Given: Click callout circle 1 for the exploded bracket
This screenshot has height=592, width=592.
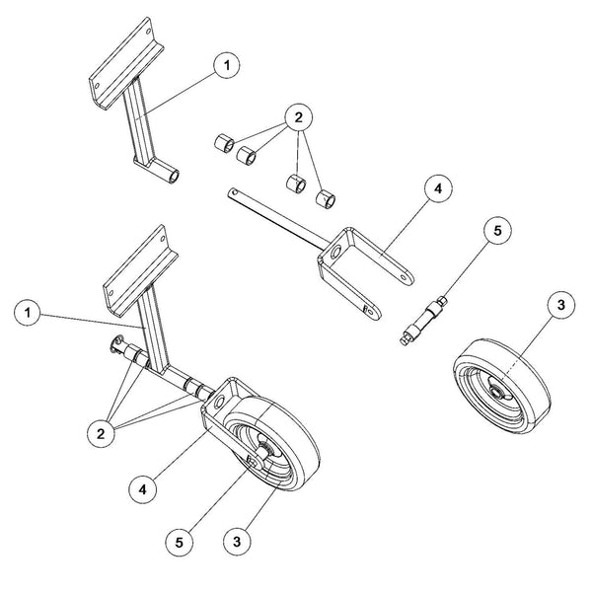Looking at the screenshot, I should [x=225, y=64].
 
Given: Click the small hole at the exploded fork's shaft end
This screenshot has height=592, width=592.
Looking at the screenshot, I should [x=231, y=191].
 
